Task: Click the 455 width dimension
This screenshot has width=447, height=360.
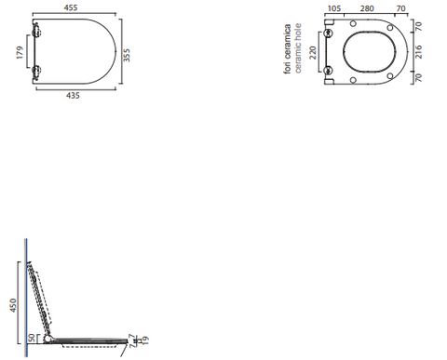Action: tap(71, 7)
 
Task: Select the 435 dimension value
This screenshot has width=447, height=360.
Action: tap(73, 95)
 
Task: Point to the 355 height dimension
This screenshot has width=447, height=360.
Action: tap(127, 55)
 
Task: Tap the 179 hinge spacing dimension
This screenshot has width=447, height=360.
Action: tap(20, 52)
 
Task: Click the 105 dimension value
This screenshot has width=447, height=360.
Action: tap(334, 8)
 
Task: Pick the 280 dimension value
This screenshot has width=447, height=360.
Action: tap(367, 8)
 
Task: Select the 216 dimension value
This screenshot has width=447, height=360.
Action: tap(418, 52)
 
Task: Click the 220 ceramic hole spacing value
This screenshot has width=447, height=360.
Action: tap(313, 53)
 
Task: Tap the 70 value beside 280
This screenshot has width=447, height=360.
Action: tap(400, 8)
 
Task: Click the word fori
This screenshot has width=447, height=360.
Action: tap(288, 68)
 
